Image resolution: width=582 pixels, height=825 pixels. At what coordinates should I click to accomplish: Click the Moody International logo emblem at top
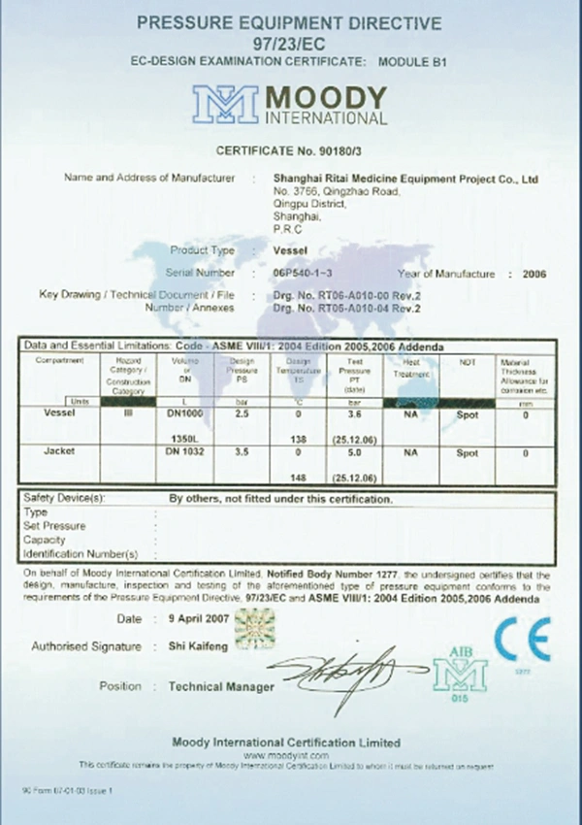pyautogui.click(x=225, y=105)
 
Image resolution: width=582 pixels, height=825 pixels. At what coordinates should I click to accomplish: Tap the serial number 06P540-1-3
pyautogui.click(x=309, y=274)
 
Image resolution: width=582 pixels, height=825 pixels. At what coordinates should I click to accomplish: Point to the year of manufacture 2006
pyautogui.click(x=533, y=274)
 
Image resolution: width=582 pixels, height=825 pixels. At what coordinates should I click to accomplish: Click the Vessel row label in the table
pyautogui.click(x=60, y=412)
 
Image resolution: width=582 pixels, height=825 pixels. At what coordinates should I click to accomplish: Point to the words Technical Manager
pyautogui.click(x=221, y=686)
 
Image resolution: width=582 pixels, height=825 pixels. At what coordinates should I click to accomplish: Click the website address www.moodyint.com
pyautogui.click(x=286, y=754)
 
